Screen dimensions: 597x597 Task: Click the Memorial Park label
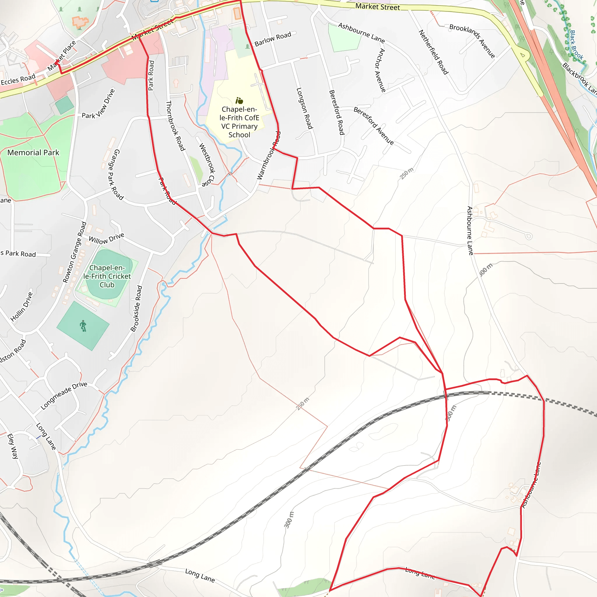tap(33, 153)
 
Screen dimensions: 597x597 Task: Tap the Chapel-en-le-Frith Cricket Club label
tap(107, 276)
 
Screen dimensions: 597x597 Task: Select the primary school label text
tap(239, 122)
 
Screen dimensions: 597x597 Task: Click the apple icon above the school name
tap(239, 101)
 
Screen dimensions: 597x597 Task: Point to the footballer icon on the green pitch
tap(83, 326)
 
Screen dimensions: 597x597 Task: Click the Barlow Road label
tap(273, 39)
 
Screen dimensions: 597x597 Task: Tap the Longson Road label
tap(304, 108)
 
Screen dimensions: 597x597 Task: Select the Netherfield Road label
tap(433, 52)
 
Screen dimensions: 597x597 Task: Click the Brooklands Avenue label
tap(472, 41)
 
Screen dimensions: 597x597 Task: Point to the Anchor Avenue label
tap(380, 70)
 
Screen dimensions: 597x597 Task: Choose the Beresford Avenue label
tap(374, 126)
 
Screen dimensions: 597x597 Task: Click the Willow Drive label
tap(106, 238)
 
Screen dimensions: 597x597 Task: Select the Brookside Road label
tap(136, 309)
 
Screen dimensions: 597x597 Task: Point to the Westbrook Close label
tap(207, 165)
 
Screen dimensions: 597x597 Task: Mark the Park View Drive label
tap(98, 104)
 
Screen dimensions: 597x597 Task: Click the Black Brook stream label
tap(576, 45)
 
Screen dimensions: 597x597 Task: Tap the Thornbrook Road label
tap(175, 126)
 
